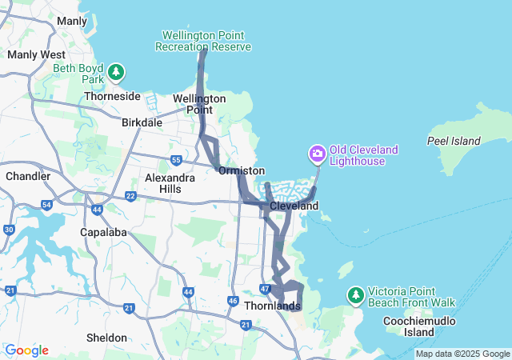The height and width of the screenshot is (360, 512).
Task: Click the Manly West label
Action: (36, 54)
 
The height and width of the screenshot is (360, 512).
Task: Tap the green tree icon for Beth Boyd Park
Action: (117, 74)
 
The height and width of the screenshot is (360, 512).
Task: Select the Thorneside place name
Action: (111, 96)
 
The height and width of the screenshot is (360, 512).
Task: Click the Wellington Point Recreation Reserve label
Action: (206, 41)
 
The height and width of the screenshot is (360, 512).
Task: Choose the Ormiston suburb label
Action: (241, 171)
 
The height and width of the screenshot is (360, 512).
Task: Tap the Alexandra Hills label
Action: (170, 183)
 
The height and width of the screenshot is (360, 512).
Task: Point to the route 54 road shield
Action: (47, 206)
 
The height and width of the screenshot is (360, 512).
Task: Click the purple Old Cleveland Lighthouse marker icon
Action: (318, 153)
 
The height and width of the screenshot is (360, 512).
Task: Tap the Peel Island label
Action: (454, 142)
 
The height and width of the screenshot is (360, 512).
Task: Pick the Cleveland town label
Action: (294, 206)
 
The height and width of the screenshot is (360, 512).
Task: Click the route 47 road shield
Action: (266, 288)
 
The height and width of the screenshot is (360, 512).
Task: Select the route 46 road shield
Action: (233, 301)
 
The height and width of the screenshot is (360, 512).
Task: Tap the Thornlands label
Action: (272, 306)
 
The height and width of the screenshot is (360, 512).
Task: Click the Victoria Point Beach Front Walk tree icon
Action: (356, 296)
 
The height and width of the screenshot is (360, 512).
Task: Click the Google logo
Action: (26, 350)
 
